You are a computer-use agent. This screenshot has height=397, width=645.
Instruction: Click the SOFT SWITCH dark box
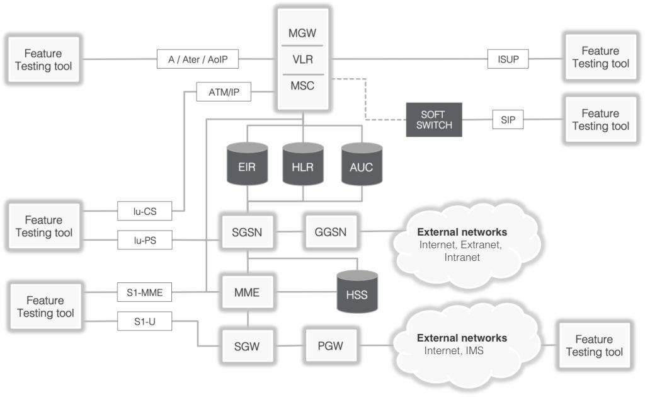[433, 120]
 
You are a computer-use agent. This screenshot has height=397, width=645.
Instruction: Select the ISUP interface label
[508, 60]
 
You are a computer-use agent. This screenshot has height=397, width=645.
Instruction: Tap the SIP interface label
[508, 119]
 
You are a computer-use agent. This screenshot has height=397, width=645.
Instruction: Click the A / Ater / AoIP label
[198, 60]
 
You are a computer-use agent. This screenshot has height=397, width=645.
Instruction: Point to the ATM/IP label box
[224, 93]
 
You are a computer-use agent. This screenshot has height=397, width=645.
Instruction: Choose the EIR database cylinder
[248, 166]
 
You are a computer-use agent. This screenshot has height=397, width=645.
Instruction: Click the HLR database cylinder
[303, 166]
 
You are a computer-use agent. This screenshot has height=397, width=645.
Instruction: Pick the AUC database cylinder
[362, 166]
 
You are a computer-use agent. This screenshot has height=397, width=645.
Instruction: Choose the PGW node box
[326, 345]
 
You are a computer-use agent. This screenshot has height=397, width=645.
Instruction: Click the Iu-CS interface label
[144, 211]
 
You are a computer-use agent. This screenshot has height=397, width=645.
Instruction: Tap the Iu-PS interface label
[144, 239]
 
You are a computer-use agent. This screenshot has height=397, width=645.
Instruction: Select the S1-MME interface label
[144, 292]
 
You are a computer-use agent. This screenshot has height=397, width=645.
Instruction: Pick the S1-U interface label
[144, 321]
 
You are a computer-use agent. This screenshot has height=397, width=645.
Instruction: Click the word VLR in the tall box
[303, 60]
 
